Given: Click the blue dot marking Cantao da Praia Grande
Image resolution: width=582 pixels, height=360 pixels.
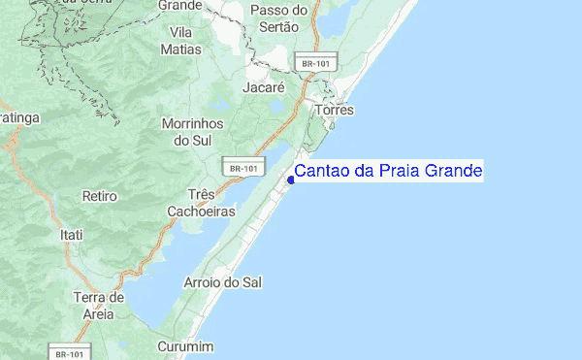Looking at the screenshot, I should pyautogui.click(x=291, y=179).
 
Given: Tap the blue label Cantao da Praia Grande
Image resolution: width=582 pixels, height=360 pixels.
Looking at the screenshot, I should pyautogui.click(x=387, y=172).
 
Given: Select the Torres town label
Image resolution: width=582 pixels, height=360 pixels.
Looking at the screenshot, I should pyautogui.click(x=333, y=111).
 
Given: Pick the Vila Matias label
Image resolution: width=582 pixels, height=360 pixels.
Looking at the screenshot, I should pyautogui.click(x=181, y=40).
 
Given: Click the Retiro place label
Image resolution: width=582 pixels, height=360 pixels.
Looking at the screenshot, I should pyautogui.click(x=99, y=196).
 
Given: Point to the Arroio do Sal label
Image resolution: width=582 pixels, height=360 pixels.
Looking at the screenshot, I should pyautogui.click(x=223, y=282).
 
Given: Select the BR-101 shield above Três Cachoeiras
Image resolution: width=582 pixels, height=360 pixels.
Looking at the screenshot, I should pyautogui.click(x=242, y=168).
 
